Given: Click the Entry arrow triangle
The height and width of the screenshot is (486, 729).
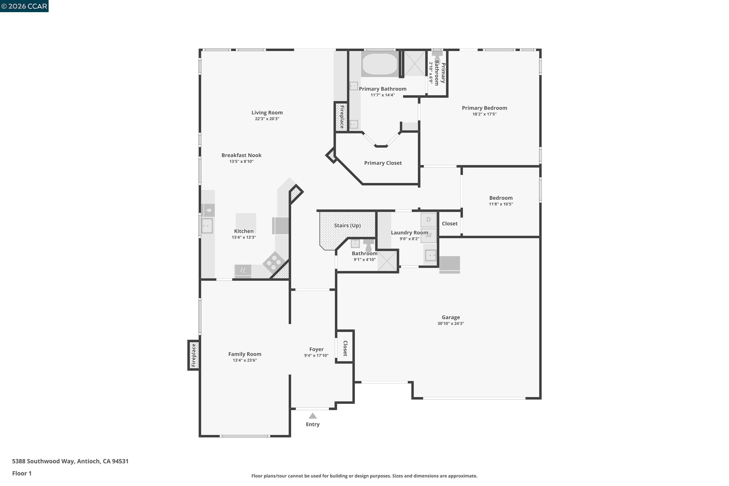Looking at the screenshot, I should click(312, 416).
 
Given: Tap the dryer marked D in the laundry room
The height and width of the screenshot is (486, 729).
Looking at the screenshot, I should click(428, 220).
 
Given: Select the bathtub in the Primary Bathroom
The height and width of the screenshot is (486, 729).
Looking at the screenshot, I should click(380, 64).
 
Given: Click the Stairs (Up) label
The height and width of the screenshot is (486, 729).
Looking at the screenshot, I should click(347, 225).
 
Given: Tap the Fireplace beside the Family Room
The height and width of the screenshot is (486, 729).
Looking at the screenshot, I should click(194, 355).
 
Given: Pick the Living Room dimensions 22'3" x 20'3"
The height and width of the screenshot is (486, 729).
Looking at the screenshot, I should click(267, 119).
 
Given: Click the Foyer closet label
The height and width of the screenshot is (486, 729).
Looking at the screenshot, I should click(345, 348).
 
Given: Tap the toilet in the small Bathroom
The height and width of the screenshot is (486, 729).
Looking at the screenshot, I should click(369, 245).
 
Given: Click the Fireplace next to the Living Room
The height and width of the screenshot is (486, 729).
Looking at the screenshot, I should click(342, 117).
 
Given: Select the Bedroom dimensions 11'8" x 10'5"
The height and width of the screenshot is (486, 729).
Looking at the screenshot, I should click(501, 204).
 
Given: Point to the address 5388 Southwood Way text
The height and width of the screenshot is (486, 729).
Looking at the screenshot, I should click(70, 461).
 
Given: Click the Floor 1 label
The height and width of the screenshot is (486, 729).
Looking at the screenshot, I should click(22, 473).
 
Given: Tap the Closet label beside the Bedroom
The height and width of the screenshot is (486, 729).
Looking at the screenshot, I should click(449, 224).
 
